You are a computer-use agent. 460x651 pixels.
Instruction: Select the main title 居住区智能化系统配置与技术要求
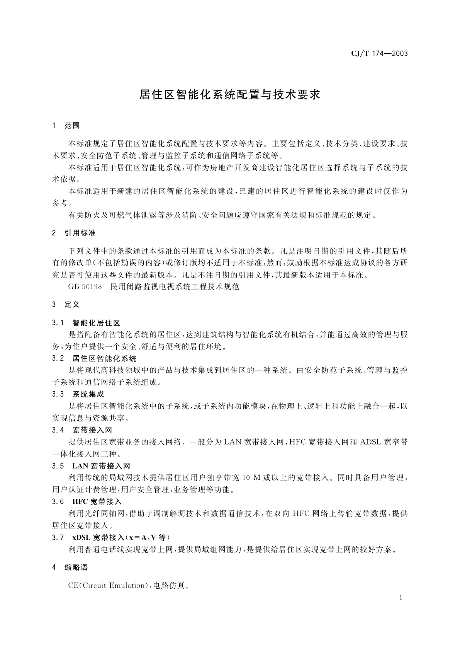(230, 95)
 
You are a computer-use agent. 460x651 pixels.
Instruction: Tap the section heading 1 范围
(66, 126)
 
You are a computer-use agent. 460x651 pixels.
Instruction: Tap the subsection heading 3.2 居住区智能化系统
(94, 358)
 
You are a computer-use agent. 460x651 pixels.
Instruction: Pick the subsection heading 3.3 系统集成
(78, 394)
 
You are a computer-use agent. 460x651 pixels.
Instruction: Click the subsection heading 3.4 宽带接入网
(82, 430)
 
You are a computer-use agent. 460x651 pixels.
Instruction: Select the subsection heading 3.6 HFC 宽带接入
(87, 501)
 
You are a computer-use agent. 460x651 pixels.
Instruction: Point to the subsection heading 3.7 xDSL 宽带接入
(111, 537)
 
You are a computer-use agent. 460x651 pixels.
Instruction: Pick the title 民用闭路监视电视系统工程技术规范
(175, 287)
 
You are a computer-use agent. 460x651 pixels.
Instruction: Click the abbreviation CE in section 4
(73, 585)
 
